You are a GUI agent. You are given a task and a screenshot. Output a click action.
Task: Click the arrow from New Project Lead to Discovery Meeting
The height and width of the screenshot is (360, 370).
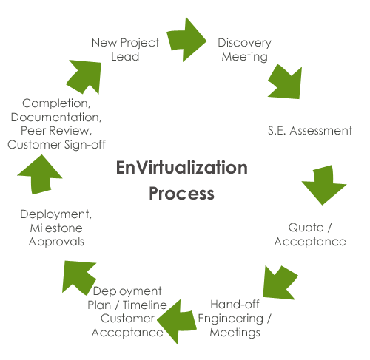pyautogui.click(x=186, y=39)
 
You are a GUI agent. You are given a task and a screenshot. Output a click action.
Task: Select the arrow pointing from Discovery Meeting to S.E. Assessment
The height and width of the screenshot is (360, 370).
pyautogui.click(x=286, y=83)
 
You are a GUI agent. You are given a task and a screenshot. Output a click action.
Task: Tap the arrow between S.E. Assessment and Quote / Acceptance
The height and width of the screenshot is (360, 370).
pyautogui.click(x=323, y=185)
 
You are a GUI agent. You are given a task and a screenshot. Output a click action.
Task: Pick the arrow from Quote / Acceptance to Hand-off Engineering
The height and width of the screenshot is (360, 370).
pyautogui.click(x=280, y=283)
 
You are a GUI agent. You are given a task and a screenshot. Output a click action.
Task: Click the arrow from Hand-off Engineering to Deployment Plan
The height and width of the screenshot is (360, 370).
pyautogui.click(x=177, y=322)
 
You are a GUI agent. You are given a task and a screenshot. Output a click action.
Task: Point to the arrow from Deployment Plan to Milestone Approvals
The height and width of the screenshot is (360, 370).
pyautogui.click(x=78, y=277)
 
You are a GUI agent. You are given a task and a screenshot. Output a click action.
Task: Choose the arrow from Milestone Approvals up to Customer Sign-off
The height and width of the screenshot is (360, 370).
pyautogui.click(x=40, y=175)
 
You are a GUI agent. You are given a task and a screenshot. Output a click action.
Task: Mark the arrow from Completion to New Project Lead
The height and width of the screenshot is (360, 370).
pyautogui.click(x=85, y=76)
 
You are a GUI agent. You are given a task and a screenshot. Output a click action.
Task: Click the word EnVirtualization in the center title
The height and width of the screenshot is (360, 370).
pyautogui.click(x=182, y=168)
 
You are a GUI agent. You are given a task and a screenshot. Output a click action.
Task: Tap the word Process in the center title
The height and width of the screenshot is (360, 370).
pyautogui.click(x=182, y=194)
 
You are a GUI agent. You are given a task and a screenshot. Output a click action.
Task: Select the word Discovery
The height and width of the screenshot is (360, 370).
pyautogui.click(x=244, y=43)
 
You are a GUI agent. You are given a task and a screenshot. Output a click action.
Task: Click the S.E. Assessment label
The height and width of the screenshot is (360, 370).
pyautogui.click(x=310, y=131)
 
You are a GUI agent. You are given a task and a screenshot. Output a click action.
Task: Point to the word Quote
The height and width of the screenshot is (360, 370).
pyautogui.click(x=306, y=228)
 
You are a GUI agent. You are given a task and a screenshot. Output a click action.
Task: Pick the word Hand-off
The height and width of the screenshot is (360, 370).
pyautogui.click(x=235, y=305)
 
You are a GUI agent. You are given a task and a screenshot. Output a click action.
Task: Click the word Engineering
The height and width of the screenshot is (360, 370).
pyautogui.click(x=231, y=319)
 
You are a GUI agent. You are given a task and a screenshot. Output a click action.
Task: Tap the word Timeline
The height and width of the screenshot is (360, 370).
pyautogui.click(x=145, y=305)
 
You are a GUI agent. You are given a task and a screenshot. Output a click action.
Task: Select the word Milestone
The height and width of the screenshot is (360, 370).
pyautogui.click(x=56, y=228)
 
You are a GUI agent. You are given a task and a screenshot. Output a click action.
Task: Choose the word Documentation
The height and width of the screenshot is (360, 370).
pyautogui.click(x=56, y=118)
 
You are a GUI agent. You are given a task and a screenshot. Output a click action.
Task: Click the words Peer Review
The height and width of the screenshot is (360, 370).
pyautogui.click(x=56, y=131)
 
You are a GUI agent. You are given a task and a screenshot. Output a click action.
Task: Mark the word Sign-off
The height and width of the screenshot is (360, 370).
pyautogui.click(x=85, y=145)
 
